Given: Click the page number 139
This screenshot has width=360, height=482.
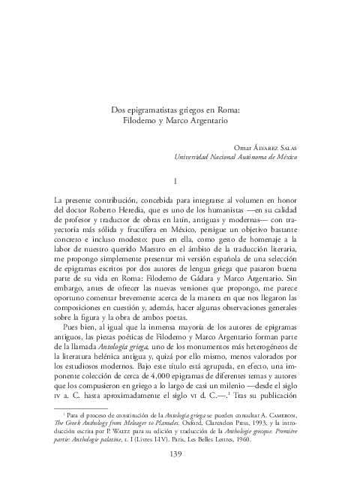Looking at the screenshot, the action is coord(180,453).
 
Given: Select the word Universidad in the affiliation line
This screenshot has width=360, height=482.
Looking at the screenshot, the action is coord(196,158).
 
